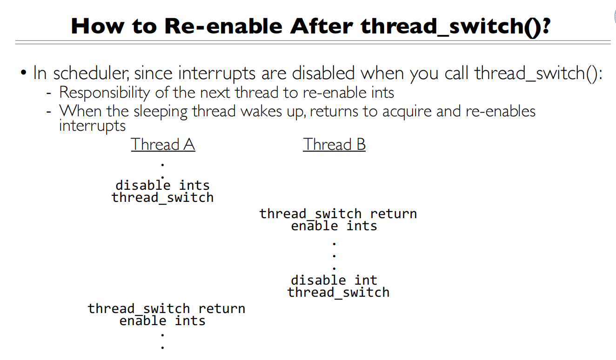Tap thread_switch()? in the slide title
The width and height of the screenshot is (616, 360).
pos(455,26)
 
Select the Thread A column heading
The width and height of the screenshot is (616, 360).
pos(162,145)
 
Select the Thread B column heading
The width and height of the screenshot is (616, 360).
pos(334,145)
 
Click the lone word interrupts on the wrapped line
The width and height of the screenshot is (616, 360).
pos(92,126)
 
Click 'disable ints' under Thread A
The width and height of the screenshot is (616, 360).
pos(162,185)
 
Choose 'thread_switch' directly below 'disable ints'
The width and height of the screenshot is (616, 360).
pos(162,198)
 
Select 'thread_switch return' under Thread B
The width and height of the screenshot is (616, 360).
pos(338,214)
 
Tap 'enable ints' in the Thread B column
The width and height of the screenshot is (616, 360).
pos(334,226)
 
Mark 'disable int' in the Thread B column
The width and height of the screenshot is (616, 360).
pos(334,280)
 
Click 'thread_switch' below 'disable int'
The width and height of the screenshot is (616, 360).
pos(338,293)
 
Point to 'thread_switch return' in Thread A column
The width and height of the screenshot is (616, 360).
pos(166,309)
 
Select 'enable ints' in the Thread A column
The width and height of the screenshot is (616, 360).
pos(162,321)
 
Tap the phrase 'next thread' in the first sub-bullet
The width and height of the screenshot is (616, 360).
pos(238,93)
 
